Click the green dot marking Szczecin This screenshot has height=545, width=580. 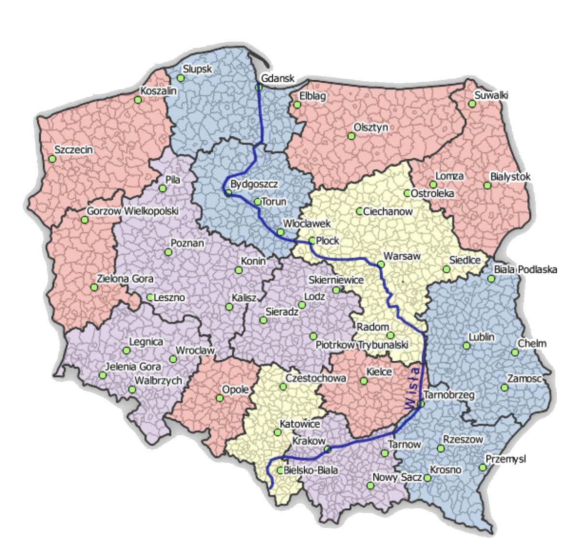click(x=52, y=159)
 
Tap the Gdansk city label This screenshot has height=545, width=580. click(x=277, y=78)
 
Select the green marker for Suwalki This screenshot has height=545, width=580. click(x=472, y=104)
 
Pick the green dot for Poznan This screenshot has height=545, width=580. click(x=168, y=252)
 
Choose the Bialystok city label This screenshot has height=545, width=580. click(x=510, y=177)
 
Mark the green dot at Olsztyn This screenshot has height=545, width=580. click(x=351, y=136)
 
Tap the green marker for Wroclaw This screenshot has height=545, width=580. click(x=173, y=359)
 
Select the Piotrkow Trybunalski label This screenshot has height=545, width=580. click(x=362, y=345)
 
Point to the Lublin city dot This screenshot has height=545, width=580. click(x=466, y=346)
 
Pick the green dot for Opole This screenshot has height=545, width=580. click(x=220, y=398)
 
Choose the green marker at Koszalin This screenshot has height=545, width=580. click(x=138, y=100)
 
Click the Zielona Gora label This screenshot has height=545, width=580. click(x=125, y=279)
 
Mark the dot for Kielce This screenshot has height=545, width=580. click(x=363, y=381)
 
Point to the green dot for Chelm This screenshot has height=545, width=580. click(x=515, y=353)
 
